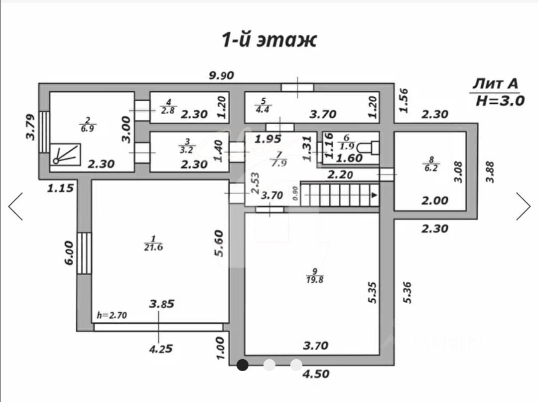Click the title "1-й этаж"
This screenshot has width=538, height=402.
pos(269,40)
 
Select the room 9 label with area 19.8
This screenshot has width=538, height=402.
pos(315,276)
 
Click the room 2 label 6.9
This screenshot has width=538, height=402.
pos(88,125)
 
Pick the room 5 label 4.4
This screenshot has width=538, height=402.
pos(263,106)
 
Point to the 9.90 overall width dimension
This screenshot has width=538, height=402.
pos(221,76)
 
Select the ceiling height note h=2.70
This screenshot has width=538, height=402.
pos(113,315)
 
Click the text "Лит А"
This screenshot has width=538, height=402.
pos(495,83)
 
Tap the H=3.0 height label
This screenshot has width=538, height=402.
pos(500,100)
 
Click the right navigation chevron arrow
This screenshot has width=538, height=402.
pos(523,206)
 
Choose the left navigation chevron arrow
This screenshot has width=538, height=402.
pos(15,206)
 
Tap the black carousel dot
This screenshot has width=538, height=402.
pos(243,365)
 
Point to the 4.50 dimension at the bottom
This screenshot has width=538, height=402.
pos(316,373)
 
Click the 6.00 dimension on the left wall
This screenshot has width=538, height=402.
pos(68,253)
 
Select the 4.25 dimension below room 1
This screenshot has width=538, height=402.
pos(160,349)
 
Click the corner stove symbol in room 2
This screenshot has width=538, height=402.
pos(66,154)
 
